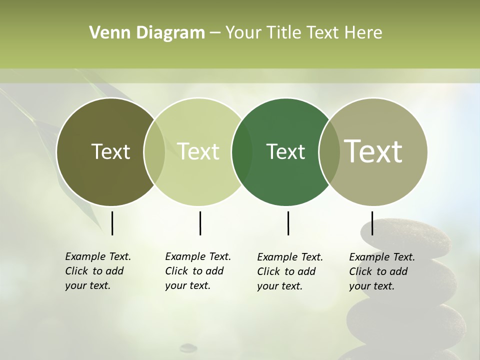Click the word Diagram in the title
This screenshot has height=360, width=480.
[x=170, y=33]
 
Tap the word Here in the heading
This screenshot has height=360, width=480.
[x=364, y=33]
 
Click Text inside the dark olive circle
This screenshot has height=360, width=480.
[x=110, y=151]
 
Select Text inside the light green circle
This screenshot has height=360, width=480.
[x=198, y=151]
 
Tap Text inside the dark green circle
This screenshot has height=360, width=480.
[x=285, y=151]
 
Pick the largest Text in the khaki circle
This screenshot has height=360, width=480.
[x=373, y=151]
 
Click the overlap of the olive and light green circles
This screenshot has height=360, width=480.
[x=154, y=152]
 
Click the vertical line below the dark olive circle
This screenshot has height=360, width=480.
[x=112, y=223]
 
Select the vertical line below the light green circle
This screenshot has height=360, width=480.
[x=200, y=223]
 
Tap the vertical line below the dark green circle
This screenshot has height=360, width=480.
[x=288, y=223]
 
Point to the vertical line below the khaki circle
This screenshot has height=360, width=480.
[x=372, y=223]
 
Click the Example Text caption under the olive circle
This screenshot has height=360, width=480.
[x=98, y=271]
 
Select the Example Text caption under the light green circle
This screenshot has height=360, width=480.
[x=198, y=271]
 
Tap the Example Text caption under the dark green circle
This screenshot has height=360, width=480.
[x=290, y=271]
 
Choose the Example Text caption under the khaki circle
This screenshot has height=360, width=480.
[x=382, y=271]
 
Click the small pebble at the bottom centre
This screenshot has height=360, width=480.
[x=188, y=346]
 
